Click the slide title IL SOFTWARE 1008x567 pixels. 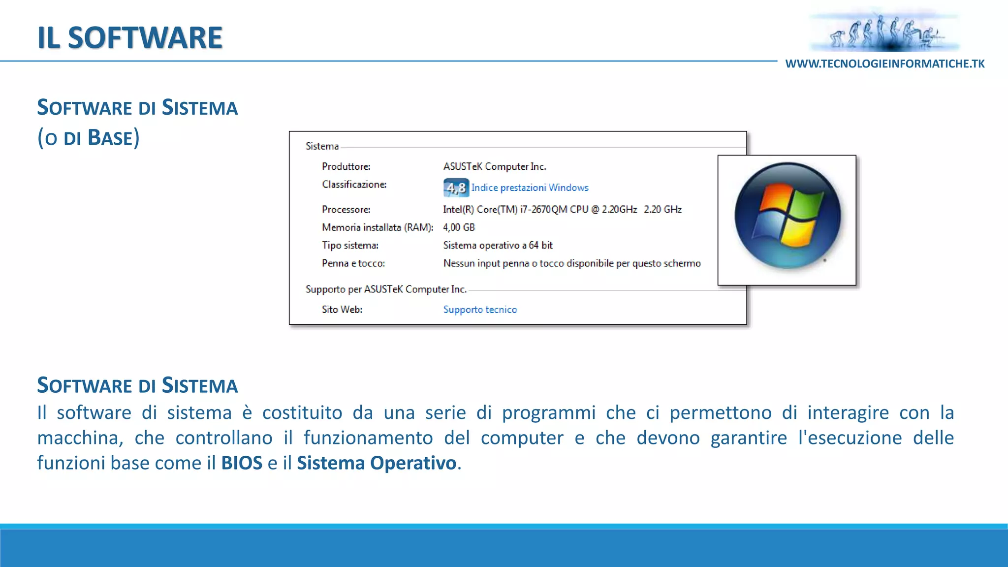pyautogui.click(x=130, y=38)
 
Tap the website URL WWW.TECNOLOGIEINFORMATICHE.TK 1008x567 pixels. pyautogui.click(x=884, y=64)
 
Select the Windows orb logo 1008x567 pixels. pyautogui.click(x=787, y=216)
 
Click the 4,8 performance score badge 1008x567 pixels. pyautogui.click(x=456, y=188)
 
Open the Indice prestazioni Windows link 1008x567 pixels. pyautogui.click(x=530, y=188)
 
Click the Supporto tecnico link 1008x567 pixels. pyautogui.click(x=480, y=310)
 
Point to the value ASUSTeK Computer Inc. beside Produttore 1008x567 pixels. pyautogui.click(x=495, y=166)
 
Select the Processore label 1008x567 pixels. pyautogui.click(x=346, y=209)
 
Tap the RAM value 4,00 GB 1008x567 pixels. pyautogui.click(x=459, y=227)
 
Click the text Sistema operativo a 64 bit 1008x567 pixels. pyautogui.click(x=498, y=245)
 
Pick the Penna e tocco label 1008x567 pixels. pyautogui.click(x=353, y=263)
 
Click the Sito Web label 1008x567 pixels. pyautogui.click(x=342, y=310)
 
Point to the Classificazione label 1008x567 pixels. pyautogui.click(x=354, y=185)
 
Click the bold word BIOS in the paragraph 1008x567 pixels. pyautogui.click(x=242, y=463)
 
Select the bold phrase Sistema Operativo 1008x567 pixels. pyautogui.click(x=377, y=463)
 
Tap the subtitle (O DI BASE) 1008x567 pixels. pyautogui.click(x=89, y=138)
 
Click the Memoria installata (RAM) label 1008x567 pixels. pyautogui.click(x=378, y=227)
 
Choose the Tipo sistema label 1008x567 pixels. pyautogui.click(x=350, y=245)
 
